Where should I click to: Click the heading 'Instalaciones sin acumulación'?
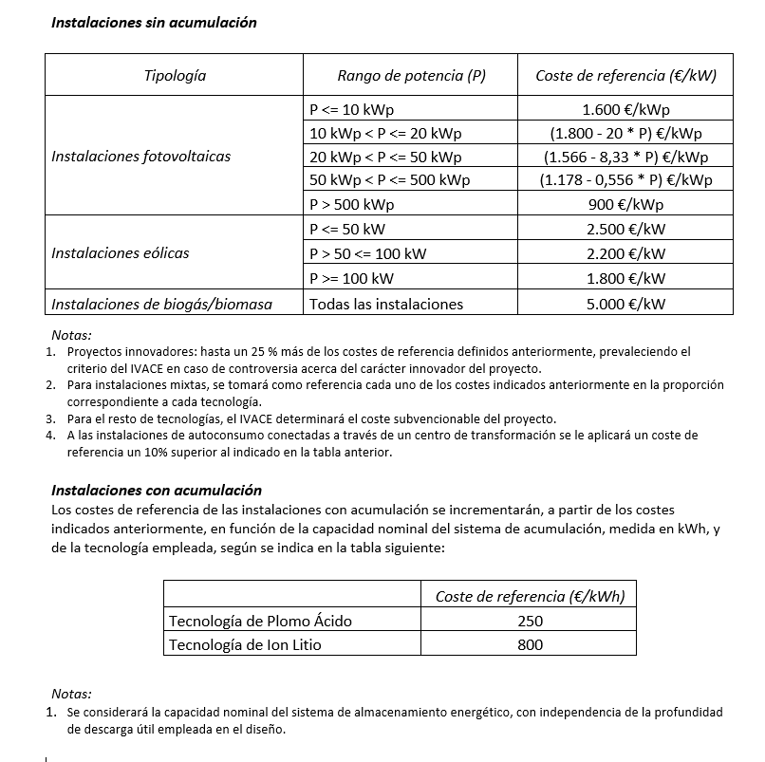click(154, 22)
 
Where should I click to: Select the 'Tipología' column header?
click(175, 75)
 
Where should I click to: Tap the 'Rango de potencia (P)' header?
click(411, 75)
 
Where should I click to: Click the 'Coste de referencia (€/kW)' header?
click(625, 75)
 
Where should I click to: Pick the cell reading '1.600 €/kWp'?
click(625, 109)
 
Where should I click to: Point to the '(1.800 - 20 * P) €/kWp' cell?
click(625, 133)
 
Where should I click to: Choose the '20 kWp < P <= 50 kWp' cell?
click(385, 157)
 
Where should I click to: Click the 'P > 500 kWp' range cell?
click(351, 204)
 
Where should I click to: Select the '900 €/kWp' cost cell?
click(625, 204)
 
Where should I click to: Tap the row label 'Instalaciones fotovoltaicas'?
click(140, 157)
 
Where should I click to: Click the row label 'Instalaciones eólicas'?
click(120, 253)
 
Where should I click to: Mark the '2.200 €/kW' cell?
click(625, 253)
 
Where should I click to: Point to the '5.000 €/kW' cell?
click(625, 304)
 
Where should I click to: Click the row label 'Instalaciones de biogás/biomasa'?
click(161, 304)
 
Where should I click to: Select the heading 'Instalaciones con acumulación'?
click(156, 490)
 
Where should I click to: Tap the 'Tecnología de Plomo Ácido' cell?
click(259, 621)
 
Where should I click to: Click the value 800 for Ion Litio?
click(531, 644)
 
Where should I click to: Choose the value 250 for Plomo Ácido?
click(531, 621)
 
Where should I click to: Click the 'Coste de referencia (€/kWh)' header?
click(530, 596)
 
